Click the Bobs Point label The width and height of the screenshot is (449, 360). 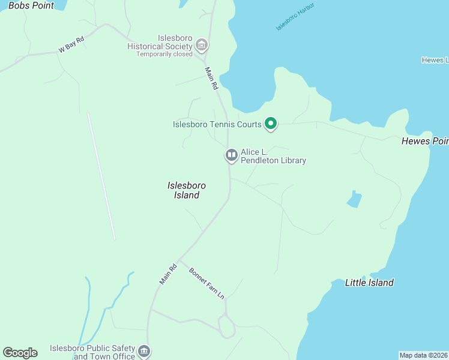click(31, 5)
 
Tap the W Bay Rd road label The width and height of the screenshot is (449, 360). click(70, 45)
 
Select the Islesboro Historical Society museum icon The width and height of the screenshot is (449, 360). click(201, 45)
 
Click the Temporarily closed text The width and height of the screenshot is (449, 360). click(164, 54)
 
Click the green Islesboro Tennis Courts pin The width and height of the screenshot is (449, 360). click(271, 124)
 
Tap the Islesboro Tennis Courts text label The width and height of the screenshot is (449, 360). click(217, 125)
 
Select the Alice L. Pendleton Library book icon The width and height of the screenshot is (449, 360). click(231, 155)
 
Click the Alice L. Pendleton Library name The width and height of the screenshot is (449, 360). click(273, 156)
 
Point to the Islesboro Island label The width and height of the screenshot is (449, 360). click(183, 190)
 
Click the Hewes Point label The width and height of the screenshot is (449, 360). click(424, 142)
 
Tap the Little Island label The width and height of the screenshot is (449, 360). click(369, 283)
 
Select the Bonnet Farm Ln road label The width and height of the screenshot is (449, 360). click(206, 284)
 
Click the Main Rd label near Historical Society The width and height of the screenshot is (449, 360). click(211, 78)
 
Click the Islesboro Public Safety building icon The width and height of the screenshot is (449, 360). click(143, 350)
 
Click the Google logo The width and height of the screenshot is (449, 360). click(20, 353)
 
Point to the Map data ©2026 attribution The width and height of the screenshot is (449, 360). click(423, 355)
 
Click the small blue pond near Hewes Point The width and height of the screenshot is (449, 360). click(355, 199)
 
